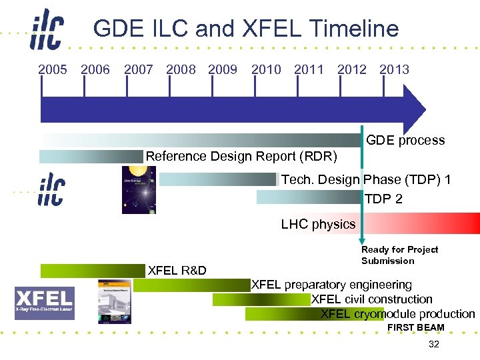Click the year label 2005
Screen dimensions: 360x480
click(x=53, y=69)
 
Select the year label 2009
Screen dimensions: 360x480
click(x=223, y=69)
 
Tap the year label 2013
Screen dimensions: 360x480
click(x=394, y=69)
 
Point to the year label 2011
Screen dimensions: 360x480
click(x=309, y=69)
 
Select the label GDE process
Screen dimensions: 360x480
click(x=405, y=140)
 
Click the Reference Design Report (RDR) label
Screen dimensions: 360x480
click(x=241, y=157)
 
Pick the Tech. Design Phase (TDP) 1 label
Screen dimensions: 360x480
click(x=366, y=180)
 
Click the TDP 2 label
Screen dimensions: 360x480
click(x=383, y=199)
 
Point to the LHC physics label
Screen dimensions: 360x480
click(x=318, y=224)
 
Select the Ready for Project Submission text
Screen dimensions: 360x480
click(x=399, y=255)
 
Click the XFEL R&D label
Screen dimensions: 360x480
click(x=177, y=271)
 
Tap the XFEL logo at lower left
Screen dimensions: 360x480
click(x=45, y=303)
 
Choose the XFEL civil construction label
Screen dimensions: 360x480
click(x=371, y=299)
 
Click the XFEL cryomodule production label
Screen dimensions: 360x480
click(x=397, y=314)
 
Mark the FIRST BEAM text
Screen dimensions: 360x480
click(x=415, y=327)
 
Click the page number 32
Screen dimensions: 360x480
click(x=434, y=344)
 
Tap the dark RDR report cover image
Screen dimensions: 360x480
click(x=139, y=190)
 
